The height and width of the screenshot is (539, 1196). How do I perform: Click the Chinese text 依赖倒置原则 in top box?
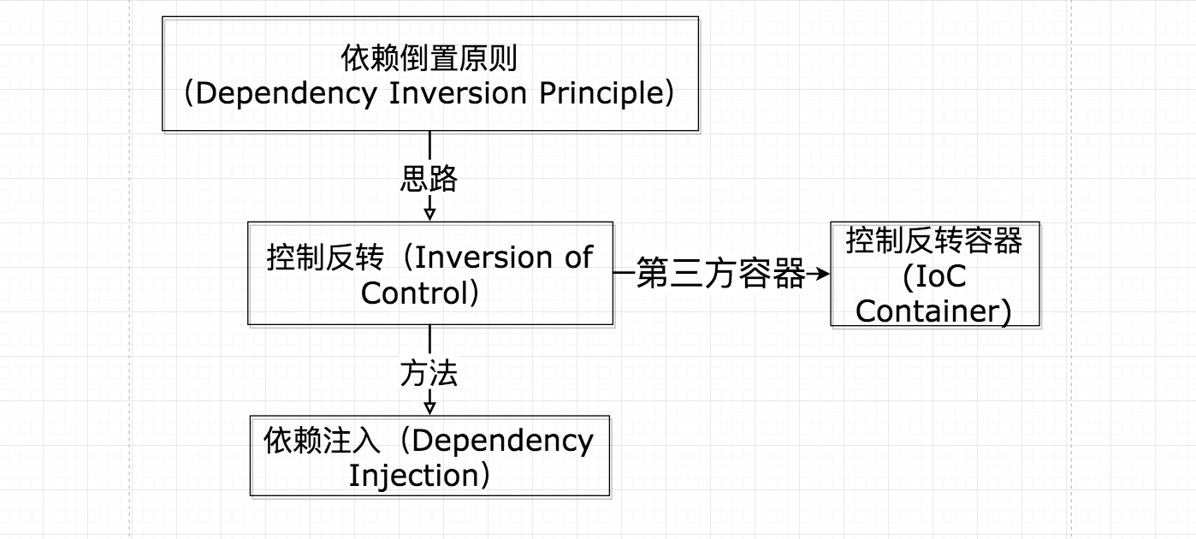pos(429,60)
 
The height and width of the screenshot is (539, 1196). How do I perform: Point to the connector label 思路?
pos(429,179)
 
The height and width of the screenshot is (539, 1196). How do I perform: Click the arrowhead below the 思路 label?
pos(429,211)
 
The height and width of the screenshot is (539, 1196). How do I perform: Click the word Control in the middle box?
pos(412,293)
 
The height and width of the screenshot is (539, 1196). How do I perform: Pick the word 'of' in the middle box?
pos(578,258)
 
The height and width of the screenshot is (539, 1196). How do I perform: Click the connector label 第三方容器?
pos(720,275)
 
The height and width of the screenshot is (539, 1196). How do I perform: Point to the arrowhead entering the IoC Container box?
pos(823,275)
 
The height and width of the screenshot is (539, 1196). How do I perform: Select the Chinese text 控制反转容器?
pos(934,241)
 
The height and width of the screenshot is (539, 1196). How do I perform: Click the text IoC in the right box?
pos(934,276)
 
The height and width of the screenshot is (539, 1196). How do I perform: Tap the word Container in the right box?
pos(927,311)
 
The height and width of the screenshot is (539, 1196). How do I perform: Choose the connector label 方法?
pos(429,374)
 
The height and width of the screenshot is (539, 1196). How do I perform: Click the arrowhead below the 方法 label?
pos(429,406)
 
